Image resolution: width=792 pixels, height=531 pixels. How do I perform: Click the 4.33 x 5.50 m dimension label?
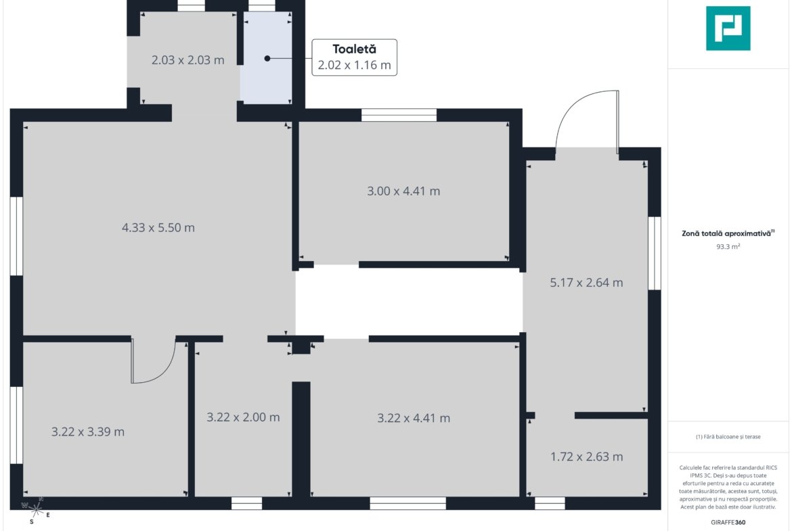tap(158, 228)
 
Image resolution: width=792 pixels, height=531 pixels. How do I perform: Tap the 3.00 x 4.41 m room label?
tap(403, 191)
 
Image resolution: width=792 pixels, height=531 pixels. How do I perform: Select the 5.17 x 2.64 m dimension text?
tap(586, 283)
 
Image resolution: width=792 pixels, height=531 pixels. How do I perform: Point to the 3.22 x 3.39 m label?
tap(88, 432)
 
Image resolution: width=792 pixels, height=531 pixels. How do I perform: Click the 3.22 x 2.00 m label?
tap(243, 417)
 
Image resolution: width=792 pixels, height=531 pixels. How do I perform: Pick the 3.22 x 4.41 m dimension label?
tap(414, 418)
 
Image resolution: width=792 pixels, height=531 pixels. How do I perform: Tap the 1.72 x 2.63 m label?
tap(586, 457)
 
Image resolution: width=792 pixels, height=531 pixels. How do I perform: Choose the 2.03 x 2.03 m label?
tap(188, 60)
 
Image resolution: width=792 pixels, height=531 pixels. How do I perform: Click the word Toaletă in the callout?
tap(354, 49)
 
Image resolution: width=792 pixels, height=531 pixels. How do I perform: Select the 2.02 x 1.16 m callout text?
tap(354, 65)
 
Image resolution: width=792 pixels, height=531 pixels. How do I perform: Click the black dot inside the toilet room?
tap(267, 59)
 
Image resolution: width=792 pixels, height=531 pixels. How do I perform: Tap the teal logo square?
tap(728, 28)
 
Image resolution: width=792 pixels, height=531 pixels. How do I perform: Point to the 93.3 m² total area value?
tap(728, 247)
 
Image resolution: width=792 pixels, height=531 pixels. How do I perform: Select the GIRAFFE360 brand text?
tap(728, 522)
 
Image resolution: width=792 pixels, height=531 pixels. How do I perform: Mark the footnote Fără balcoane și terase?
tap(728, 436)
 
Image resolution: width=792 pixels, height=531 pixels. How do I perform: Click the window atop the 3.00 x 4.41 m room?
tap(399, 115)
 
